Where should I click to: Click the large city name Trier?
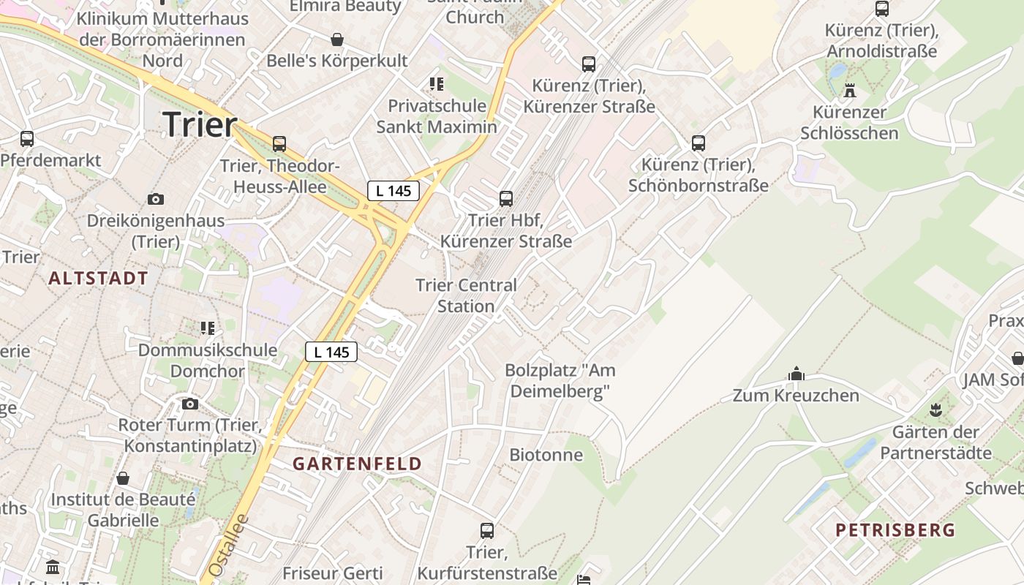coord(200,124)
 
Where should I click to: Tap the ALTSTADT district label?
coord(99,278)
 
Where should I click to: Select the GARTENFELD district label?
coord(358,464)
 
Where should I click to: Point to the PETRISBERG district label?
coord(895,530)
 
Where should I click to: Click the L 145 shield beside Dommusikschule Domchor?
coord(331,352)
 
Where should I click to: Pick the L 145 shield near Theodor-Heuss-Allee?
coord(393,191)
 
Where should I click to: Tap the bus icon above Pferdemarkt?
coord(27,138)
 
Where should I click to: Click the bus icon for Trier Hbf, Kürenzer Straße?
coord(505,198)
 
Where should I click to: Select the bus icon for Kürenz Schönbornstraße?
coord(699,143)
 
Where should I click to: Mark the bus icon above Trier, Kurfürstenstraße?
coord(487,531)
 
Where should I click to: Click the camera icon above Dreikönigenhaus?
coord(155,199)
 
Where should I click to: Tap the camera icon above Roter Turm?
coord(189,404)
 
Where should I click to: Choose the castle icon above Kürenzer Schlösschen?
coord(849,91)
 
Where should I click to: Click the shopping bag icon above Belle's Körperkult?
coord(337,39)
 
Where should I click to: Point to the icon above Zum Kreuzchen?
coord(797,374)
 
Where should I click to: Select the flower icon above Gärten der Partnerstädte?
coord(935,410)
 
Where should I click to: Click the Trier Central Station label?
coord(466,295)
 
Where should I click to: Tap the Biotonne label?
coord(546,455)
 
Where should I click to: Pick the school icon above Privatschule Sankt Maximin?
coord(437,84)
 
